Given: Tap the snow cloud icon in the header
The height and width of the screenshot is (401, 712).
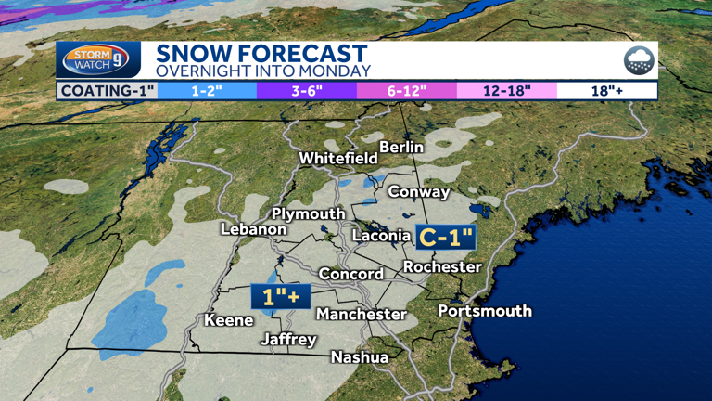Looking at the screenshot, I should (x=639, y=61).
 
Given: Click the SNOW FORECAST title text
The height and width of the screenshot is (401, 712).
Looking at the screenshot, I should (x=261, y=54).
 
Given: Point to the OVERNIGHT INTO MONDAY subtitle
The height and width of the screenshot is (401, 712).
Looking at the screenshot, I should (x=262, y=71).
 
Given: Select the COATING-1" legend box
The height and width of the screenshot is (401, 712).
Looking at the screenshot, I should (x=107, y=91).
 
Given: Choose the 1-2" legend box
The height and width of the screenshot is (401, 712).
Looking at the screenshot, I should (x=207, y=91).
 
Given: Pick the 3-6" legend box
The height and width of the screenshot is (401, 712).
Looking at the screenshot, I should (x=306, y=91).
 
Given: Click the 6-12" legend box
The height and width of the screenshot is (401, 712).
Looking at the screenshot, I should (x=406, y=91).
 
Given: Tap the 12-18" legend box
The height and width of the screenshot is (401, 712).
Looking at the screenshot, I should (x=506, y=91).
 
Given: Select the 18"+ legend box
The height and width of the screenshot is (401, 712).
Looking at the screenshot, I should (x=606, y=91).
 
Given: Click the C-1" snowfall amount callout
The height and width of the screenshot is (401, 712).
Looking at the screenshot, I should (x=446, y=238).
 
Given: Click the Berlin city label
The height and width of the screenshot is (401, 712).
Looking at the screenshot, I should (x=401, y=147).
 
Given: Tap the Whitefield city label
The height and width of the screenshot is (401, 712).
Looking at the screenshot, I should (x=338, y=159).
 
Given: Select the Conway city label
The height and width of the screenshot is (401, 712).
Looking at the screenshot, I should (x=418, y=192).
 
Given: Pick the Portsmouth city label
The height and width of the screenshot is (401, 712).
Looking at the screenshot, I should (x=485, y=310).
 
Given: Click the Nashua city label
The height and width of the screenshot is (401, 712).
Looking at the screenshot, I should (x=360, y=356).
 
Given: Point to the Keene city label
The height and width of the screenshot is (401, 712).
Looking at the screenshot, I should (x=229, y=320).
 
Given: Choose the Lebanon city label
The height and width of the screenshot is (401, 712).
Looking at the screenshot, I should (x=253, y=229).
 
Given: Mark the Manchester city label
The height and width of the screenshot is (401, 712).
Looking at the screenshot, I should (x=362, y=315).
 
